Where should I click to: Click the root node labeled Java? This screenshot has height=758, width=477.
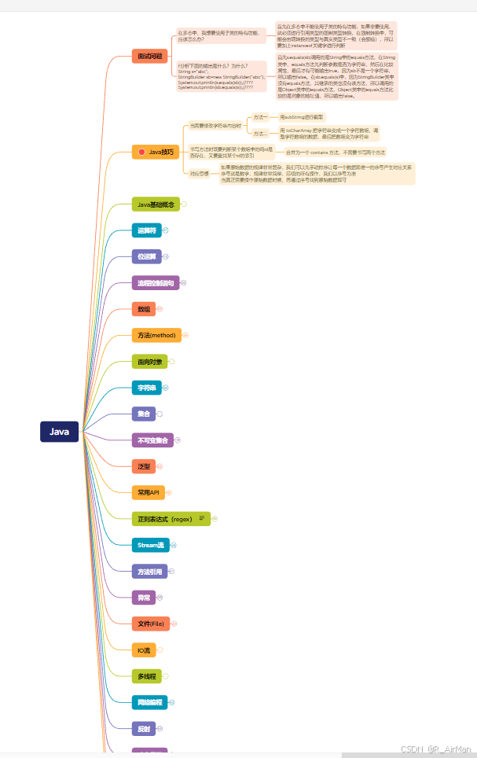pyautogui.click(x=60, y=432)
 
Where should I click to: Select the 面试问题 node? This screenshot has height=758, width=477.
pyautogui.click(x=149, y=56)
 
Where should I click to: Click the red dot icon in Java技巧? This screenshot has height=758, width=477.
pyautogui.click(x=141, y=152)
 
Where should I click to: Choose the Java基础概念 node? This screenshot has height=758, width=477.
pyautogui.click(x=156, y=204)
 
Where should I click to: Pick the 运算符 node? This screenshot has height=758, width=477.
pyautogui.click(x=147, y=230)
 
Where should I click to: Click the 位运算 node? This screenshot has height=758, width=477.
pyautogui.click(x=147, y=256)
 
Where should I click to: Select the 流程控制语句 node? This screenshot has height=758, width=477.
pyautogui.click(x=156, y=282)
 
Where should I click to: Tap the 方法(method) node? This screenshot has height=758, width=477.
pyautogui.click(x=156, y=336)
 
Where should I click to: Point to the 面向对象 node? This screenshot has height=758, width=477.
pyautogui.click(x=149, y=362)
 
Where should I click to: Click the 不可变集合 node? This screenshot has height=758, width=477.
pyautogui.click(x=152, y=440)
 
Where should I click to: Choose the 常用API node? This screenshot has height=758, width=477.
pyautogui.click(x=149, y=492)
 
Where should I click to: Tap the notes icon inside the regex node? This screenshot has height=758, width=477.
pyautogui.click(x=202, y=518)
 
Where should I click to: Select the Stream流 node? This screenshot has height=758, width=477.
pyautogui.click(x=150, y=545)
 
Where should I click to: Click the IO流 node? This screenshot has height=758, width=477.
pyautogui.click(x=144, y=650)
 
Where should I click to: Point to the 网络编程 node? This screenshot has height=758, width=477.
pyautogui.click(x=149, y=702)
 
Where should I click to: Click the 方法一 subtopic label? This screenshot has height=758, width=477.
pyautogui.click(x=259, y=116)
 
